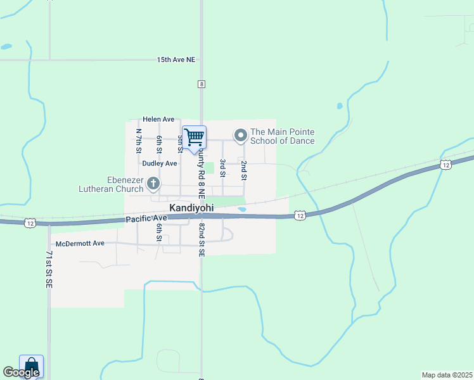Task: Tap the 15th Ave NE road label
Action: (x=176, y=60)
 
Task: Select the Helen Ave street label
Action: (x=158, y=119)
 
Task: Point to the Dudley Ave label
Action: (x=159, y=163)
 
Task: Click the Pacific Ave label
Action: (x=145, y=218)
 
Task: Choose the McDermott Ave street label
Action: (x=80, y=243)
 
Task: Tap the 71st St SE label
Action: (x=49, y=270)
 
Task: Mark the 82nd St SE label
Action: (x=202, y=239)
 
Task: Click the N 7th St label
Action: (x=139, y=141)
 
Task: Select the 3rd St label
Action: (x=223, y=168)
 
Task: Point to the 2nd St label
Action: (x=243, y=170)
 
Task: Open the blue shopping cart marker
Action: (x=195, y=137)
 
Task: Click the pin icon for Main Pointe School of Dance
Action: (x=241, y=136)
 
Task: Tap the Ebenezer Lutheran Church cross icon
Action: (x=153, y=184)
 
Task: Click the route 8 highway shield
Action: (x=202, y=84)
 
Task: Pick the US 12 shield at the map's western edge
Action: (x=29, y=222)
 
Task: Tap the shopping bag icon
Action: (x=31, y=365)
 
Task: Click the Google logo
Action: (x=21, y=372)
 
